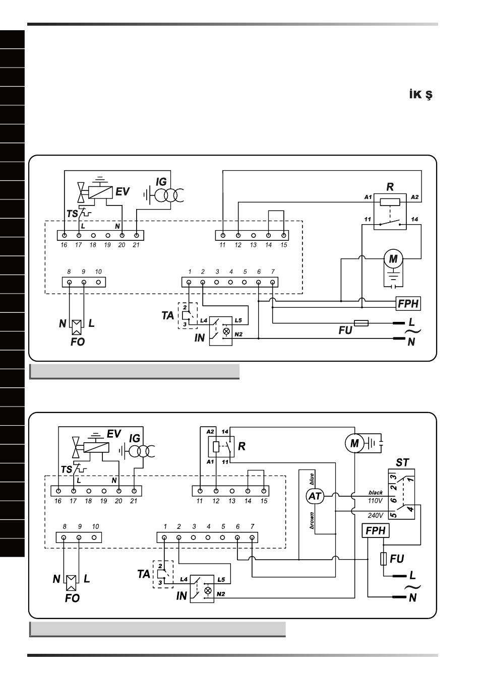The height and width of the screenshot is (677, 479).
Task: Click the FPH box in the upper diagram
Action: coord(408,303)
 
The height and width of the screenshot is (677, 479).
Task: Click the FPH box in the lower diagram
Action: coord(376,530)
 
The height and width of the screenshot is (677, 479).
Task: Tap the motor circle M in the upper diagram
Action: coord(393,259)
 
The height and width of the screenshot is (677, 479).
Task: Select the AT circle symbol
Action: coord(315,496)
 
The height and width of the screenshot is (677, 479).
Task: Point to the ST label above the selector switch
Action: coord(402,462)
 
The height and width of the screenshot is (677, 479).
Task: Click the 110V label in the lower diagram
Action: coord(375,501)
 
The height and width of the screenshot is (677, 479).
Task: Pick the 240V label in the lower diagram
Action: coord(375,515)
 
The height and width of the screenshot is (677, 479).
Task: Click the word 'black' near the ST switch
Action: coord(376,492)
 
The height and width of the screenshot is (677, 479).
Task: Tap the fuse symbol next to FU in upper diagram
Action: coord(362,323)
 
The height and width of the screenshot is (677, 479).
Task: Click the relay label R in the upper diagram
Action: coord(390,187)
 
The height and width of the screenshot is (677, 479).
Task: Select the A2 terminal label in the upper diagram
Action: coord(414,197)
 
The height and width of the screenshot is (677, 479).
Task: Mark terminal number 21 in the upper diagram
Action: coord(136,245)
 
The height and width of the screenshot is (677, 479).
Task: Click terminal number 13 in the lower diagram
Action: coord(232,501)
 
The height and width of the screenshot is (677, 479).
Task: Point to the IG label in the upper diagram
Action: coord(161,182)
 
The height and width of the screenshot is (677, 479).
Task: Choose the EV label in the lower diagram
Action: coord(114,434)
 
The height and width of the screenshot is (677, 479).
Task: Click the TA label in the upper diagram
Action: coord(167,315)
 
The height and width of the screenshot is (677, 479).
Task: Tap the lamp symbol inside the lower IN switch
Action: coord(208,590)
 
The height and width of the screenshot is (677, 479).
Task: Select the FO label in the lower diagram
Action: coord(72,598)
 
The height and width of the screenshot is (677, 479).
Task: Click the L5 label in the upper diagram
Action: coord(238,320)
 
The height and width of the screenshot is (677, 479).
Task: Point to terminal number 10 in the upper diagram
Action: coord(98,272)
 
